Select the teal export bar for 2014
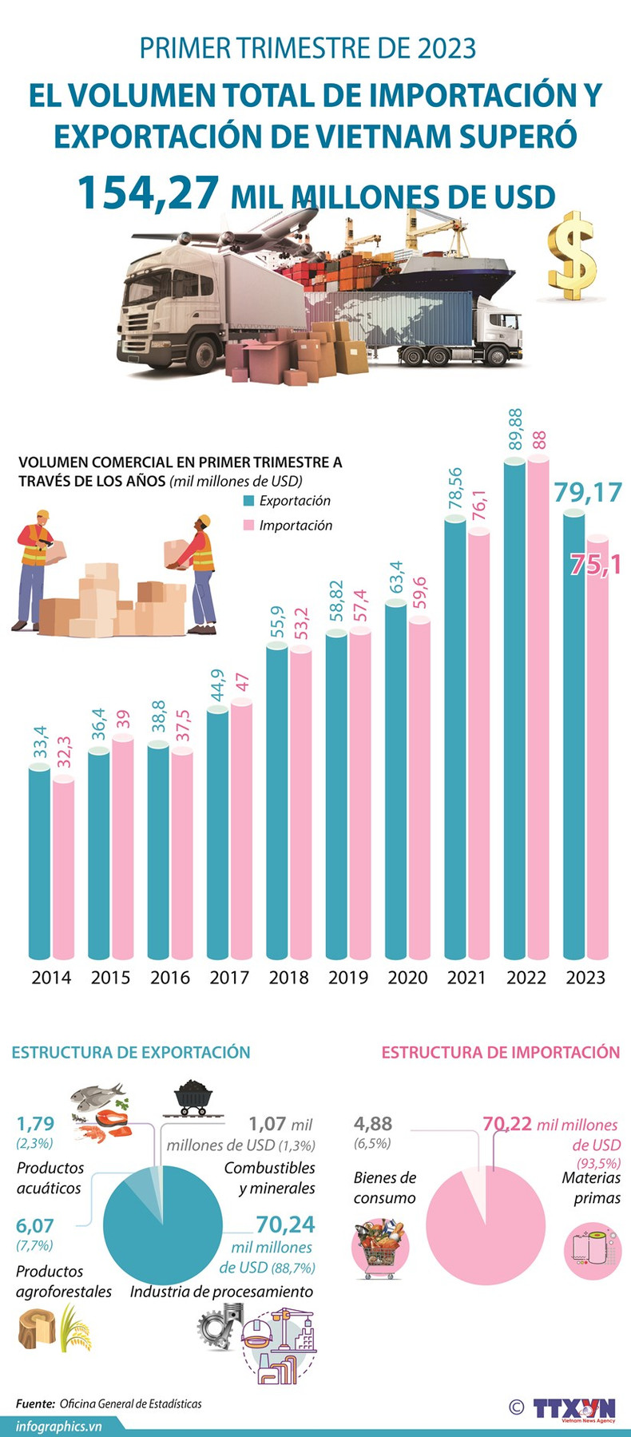tap(40, 863)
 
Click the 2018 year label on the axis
tap(288, 977)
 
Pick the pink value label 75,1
tap(596, 564)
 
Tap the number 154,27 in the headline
tap(149, 193)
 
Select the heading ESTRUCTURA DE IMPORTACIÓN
tap(500, 1052)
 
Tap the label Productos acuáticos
tap(49, 1178)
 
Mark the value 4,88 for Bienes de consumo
tap(373, 1123)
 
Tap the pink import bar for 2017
tap(241, 831)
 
